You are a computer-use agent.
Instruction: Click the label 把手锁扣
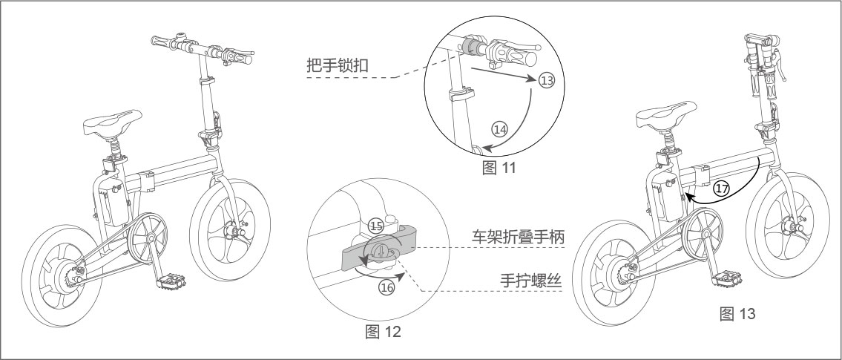338,66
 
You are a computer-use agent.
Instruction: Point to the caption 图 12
384,331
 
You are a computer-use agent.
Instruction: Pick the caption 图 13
737,313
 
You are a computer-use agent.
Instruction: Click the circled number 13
547,81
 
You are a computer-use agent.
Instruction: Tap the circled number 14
500,128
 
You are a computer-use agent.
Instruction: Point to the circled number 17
720,189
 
